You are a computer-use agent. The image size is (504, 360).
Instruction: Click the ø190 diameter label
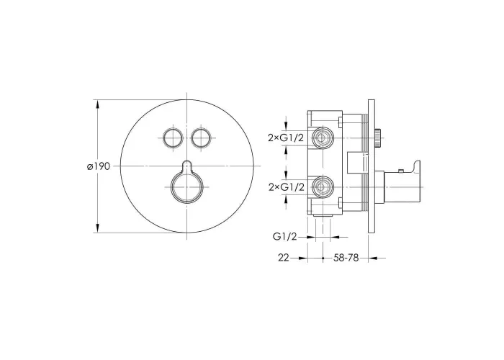[99, 166]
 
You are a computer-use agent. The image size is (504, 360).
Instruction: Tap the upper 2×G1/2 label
[286, 138]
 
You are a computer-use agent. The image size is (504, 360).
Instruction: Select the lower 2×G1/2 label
[286, 187]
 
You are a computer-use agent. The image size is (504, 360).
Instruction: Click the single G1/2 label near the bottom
[285, 237]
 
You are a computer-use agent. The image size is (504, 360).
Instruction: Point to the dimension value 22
[284, 258]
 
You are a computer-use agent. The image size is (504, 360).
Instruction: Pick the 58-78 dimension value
[346, 258]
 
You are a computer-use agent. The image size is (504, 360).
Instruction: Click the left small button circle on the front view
[173, 138]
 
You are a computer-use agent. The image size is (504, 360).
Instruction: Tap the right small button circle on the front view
[201, 138]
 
